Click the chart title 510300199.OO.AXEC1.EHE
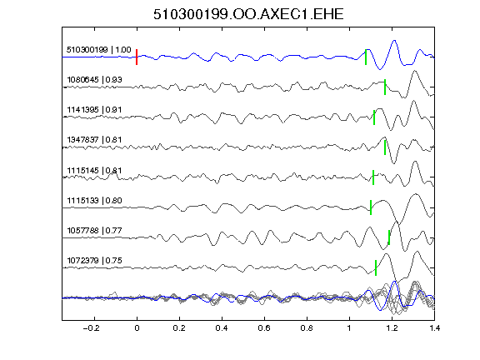tap(248, 14)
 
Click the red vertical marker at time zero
tap(137, 57)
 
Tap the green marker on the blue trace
tap(366, 57)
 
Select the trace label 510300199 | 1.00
tap(98, 50)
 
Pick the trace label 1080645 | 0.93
tap(94, 80)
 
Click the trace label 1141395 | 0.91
tap(94, 110)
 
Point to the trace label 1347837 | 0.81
tap(94, 140)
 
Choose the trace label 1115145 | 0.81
tap(94, 170)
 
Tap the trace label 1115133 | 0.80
tap(94, 201)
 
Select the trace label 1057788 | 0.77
tap(94, 230)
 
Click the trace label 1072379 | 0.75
tap(94, 261)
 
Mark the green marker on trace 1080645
tap(385, 87)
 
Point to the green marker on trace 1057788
tap(389, 237)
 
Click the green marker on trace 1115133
tap(371, 207)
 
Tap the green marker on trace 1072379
tap(376, 267)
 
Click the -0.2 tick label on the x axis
tap(91, 328)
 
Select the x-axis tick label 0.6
tap(264, 328)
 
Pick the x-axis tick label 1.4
tap(434, 328)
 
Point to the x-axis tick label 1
tap(349, 328)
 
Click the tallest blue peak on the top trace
tap(394, 41)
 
